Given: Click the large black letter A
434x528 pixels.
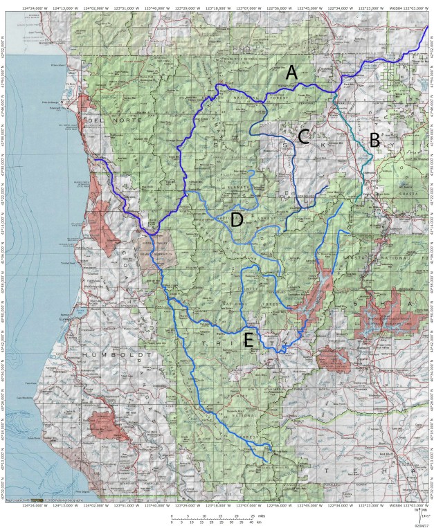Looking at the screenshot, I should point(292,72).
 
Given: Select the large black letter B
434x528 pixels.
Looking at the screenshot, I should point(374,140).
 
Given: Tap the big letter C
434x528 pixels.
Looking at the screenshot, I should point(302,136).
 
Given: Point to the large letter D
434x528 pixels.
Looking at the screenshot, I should point(237,220).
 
